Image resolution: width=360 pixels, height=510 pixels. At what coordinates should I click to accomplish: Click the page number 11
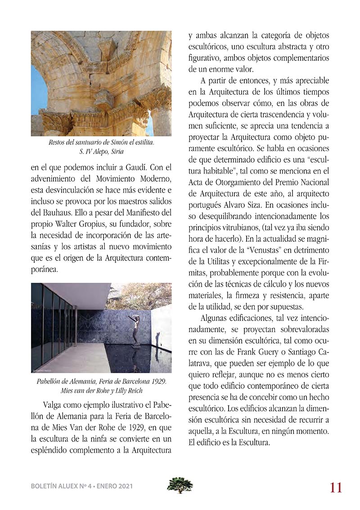[x=335, y=487]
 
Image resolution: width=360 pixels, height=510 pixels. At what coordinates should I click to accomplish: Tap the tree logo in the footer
[x=180, y=485]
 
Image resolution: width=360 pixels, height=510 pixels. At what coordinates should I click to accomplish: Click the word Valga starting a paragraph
[x=54, y=403]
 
